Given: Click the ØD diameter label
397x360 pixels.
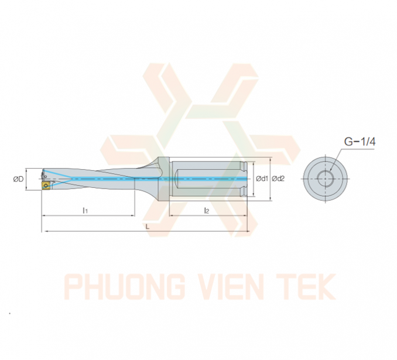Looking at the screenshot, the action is click(18, 179).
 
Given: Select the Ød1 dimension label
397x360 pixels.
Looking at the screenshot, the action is click(262, 179).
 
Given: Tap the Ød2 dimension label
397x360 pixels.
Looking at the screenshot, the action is click(278, 179).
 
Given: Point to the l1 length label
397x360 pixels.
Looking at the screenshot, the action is click(85, 210).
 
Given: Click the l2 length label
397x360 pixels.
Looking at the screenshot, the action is click(207, 210).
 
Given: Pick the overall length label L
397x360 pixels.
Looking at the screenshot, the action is click(148, 226).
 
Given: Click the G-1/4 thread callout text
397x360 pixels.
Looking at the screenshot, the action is click(360, 142).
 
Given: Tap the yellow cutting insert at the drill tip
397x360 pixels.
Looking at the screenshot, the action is click(46, 185).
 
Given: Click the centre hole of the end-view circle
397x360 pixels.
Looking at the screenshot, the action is click(326, 179).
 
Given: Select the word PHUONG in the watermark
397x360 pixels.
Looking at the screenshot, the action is click(125, 287).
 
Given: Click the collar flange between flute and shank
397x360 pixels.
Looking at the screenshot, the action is click(163, 179).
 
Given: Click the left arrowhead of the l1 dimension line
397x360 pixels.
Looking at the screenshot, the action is click(43, 215).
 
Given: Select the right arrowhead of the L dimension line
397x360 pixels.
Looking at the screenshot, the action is click(248, 231).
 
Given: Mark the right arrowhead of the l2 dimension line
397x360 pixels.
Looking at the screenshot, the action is click(245, 215).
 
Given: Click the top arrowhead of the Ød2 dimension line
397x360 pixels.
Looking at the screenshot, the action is click(271, 159).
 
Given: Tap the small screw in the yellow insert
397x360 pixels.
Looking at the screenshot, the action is click(46, 186).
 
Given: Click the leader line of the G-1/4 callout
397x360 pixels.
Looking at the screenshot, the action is click(336, 159).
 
